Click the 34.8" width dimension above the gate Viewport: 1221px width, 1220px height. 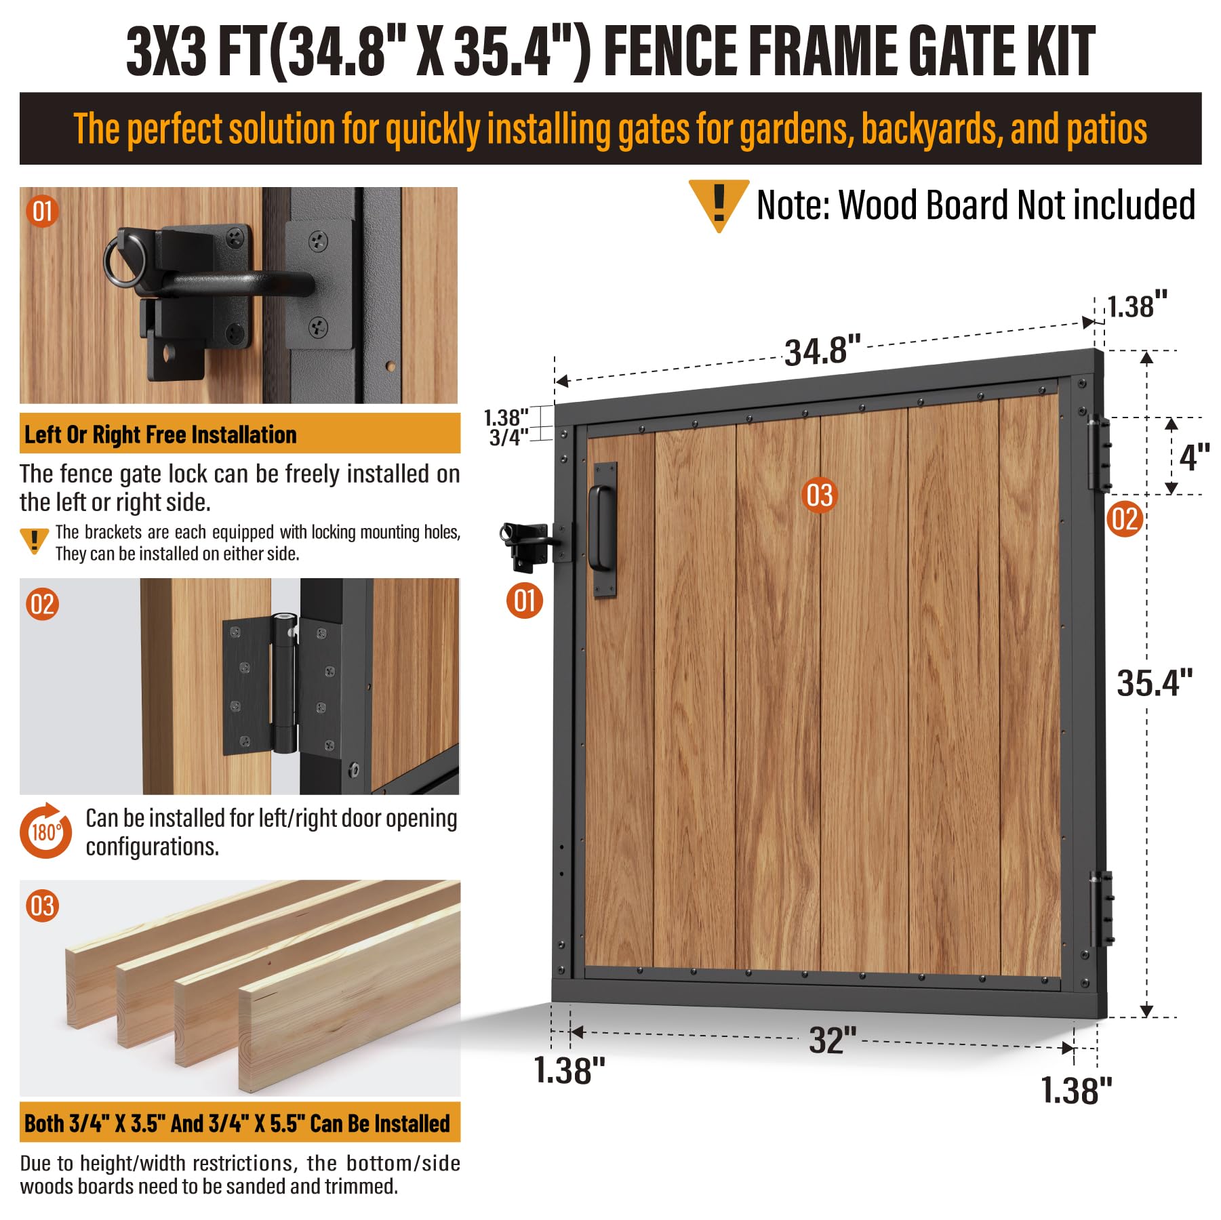click(x=822, y=351)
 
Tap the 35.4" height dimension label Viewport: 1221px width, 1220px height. click(x=1155, y=683)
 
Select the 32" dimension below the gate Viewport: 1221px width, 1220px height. click(x=833, y=1040)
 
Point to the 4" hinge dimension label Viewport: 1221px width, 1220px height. click(x=1195, y=457)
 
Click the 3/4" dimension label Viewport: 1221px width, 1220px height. click(x=508, y=437)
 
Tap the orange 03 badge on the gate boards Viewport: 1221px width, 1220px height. click(x=819, y=495)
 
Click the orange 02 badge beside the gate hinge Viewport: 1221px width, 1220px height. click(x=1125, y=519)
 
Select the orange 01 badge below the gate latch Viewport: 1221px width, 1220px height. click(x=525, y=601)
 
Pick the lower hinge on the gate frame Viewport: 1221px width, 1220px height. click(x=1102, y=909)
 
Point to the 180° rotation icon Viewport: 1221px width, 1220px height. click(x=45, y=830)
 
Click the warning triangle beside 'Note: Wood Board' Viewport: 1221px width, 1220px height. click(x=719, y=205)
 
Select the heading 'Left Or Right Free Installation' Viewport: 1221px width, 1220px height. click(x=161, y=434)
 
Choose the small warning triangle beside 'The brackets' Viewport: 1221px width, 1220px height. click(x=34, y=541)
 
